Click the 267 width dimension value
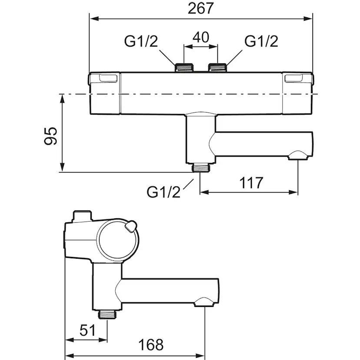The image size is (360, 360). (x=201, y=9)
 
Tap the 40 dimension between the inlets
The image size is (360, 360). (x=201, y=37)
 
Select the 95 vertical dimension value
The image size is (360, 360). (x=50, y=136)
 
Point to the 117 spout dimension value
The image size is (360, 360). (x=251, y=183)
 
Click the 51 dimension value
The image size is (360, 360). (x=87, y=330)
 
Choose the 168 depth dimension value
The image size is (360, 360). (x=151, y=345)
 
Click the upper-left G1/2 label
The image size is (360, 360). (x=141, y=41)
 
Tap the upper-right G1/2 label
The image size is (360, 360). (x=261, y=41)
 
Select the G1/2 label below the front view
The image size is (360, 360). (x=164, y=192)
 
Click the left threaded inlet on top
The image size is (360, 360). (x=184, y=67)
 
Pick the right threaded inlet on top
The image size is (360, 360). (x=218, y=67)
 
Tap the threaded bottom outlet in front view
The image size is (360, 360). (x=201, y=167)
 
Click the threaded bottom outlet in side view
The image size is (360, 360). (x=107, y=314)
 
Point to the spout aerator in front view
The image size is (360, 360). (x=298, y=155)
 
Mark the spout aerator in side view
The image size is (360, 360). (x=204, y=302)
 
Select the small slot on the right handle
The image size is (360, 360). (x=294, y=78)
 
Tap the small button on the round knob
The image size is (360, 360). (x=130, y=226)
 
